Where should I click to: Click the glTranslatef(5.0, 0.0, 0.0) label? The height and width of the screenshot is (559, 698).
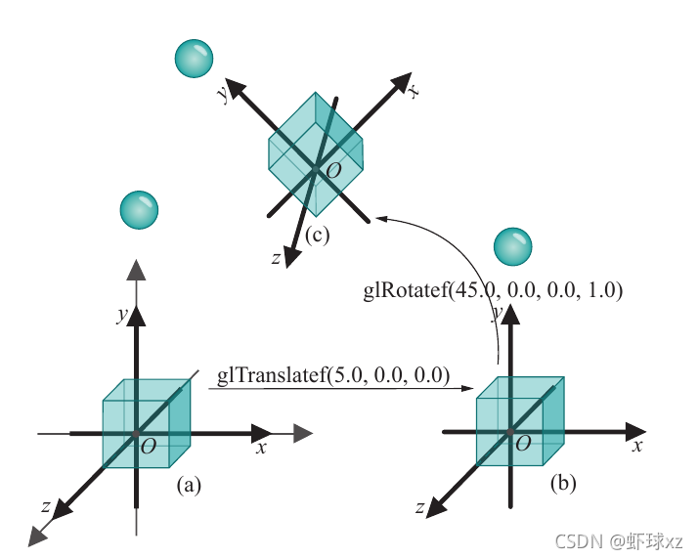tap(332, 375)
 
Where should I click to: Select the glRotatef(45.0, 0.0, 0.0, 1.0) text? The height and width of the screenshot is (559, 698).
tap(493, 290)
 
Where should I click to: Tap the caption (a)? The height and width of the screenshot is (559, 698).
tap(189, 483)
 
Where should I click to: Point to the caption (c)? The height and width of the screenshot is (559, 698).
tap(318, 235)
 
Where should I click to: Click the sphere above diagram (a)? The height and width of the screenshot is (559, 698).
tap(138, 211)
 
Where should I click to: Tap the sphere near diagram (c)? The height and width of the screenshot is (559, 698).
tap(192, 60)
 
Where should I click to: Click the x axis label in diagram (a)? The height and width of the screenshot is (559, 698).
tap(261, 448)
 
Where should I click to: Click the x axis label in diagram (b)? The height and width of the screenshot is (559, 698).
tap(636, 445)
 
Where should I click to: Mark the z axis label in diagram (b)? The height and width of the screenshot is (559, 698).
tap(419, 507)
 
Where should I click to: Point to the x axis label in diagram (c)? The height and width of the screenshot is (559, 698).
tap(414, 91)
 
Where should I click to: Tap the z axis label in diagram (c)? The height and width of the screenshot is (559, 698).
tap(277, 258)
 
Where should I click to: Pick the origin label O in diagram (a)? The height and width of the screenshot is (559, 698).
tap(149, 447)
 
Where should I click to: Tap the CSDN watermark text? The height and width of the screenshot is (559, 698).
tap(619, 540)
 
